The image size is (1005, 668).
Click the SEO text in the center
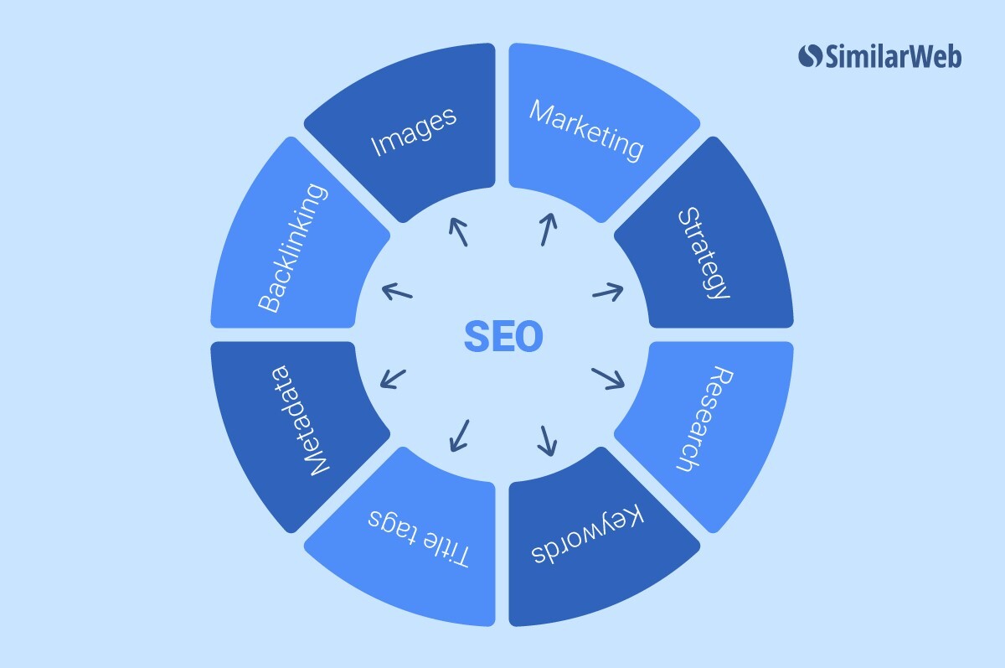[x=502, y=337]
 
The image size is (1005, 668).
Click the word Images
[x=414, y=131]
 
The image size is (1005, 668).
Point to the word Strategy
[x=704, y=252]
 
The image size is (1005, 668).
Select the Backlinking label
[x=292, y=249]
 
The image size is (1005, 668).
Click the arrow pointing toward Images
[x=458, y=231]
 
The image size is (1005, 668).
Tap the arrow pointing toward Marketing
[x=547, y=229]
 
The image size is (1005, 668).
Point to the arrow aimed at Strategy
[x=607, y=292]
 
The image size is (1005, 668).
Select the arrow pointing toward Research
[x=608, y=378]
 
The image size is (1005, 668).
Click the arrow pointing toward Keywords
[x=548, y=440]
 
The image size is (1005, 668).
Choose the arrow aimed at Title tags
[x=459, y=435]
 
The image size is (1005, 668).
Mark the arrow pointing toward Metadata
[x=393, y=379]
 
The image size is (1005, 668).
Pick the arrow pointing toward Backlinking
[x=397, y=292]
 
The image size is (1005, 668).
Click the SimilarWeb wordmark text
[x=893, y=56]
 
